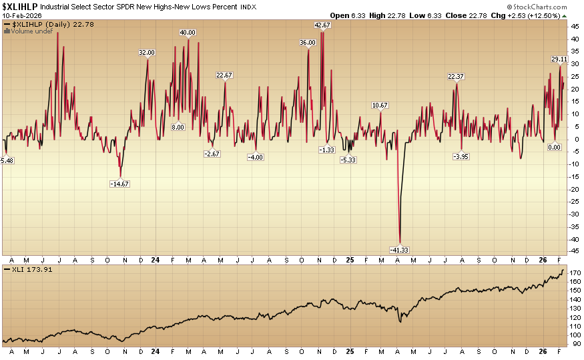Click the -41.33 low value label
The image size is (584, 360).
click(x=399, y=249)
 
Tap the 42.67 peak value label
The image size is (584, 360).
click(x=322, y=25)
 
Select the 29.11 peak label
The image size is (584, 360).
click(x=559, y=59)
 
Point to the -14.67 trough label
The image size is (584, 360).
click(x=120, y=183)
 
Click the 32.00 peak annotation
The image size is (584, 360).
click(x=147, y=52)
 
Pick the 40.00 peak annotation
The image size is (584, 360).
click(x=188, y=32)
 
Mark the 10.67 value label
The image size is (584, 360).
click(x=380, y=106)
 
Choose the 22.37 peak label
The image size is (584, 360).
click(x=456, y=76)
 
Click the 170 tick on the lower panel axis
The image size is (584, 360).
click(x=574, y=273)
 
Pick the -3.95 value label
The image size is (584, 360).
click(x=461, y=156)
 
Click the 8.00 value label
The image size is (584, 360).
click(x=178, y=127)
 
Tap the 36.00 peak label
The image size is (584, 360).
click(x=308, y=42)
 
